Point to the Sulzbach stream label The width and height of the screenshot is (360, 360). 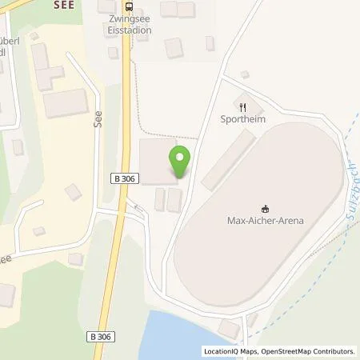[x=349, y=192]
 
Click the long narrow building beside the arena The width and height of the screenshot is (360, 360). [x=228, y=161]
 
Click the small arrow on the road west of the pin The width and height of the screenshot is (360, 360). [x=135, y=206]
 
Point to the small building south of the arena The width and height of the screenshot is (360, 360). [x=230, y=329]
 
